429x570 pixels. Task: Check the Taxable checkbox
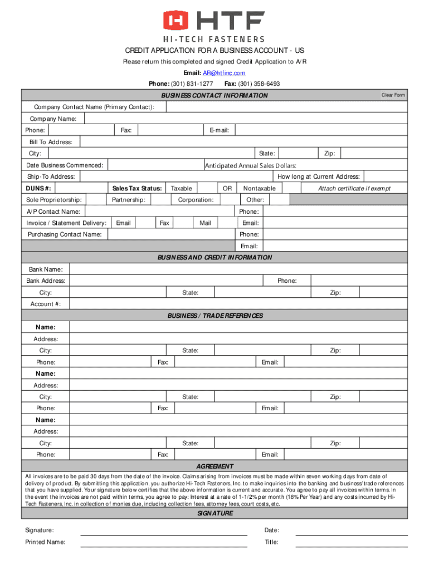[x=207, y=189]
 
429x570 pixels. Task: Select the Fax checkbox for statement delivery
[x=182, y=223]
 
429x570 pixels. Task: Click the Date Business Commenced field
[x=155, y=165]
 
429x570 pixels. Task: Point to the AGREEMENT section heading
[x=215, y=466]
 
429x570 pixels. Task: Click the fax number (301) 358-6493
[x=259, y=84]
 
